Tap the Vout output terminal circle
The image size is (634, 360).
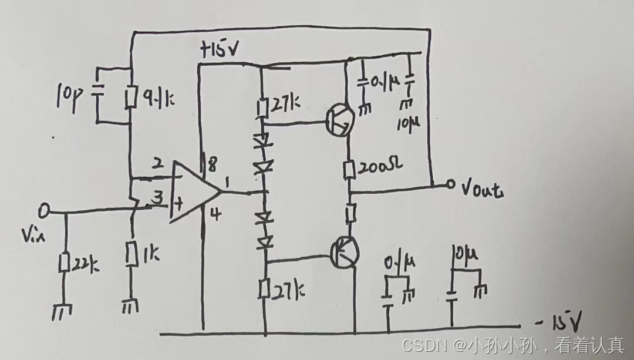450,186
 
